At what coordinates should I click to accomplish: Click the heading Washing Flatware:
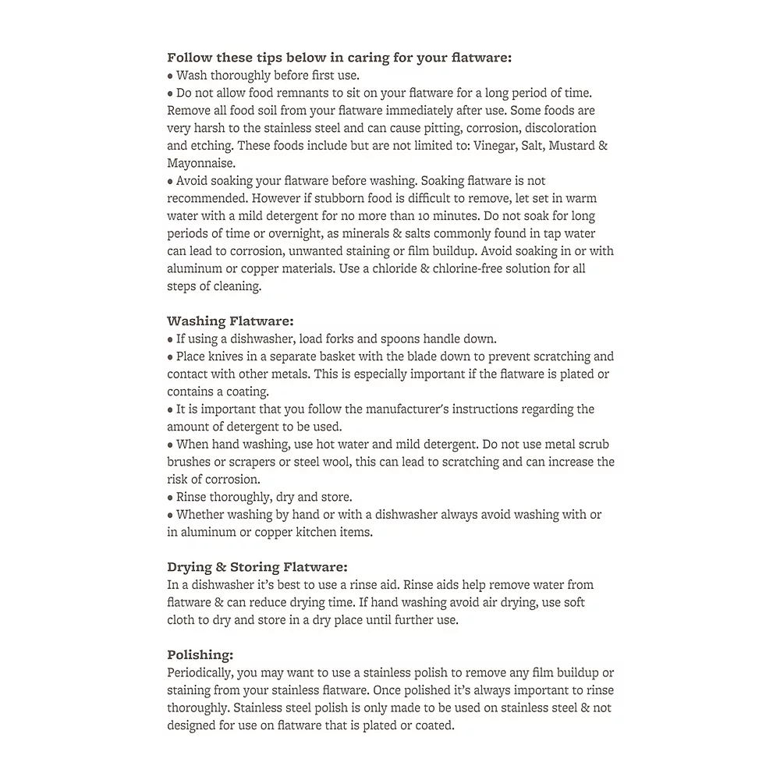coord(229,321)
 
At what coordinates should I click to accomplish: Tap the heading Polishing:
coord(200,654)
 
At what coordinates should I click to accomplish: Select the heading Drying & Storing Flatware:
coord(257,567)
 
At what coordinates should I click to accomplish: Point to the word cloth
coord(185,620)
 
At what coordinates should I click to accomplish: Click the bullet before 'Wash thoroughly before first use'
coord(170,76)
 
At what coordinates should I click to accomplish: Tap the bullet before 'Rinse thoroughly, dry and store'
coord(170,497)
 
